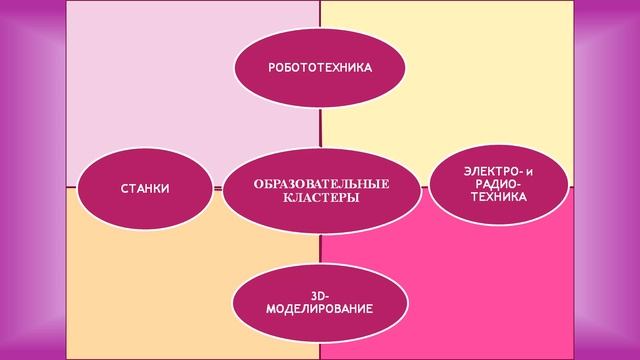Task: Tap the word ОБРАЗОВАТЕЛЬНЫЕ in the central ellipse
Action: click(320, 183)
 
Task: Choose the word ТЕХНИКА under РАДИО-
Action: click(497, 197)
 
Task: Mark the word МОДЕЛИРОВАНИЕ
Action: click(320, 309)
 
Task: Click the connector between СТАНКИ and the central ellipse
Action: click(217, 187)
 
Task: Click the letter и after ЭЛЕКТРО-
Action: click(529, 173)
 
